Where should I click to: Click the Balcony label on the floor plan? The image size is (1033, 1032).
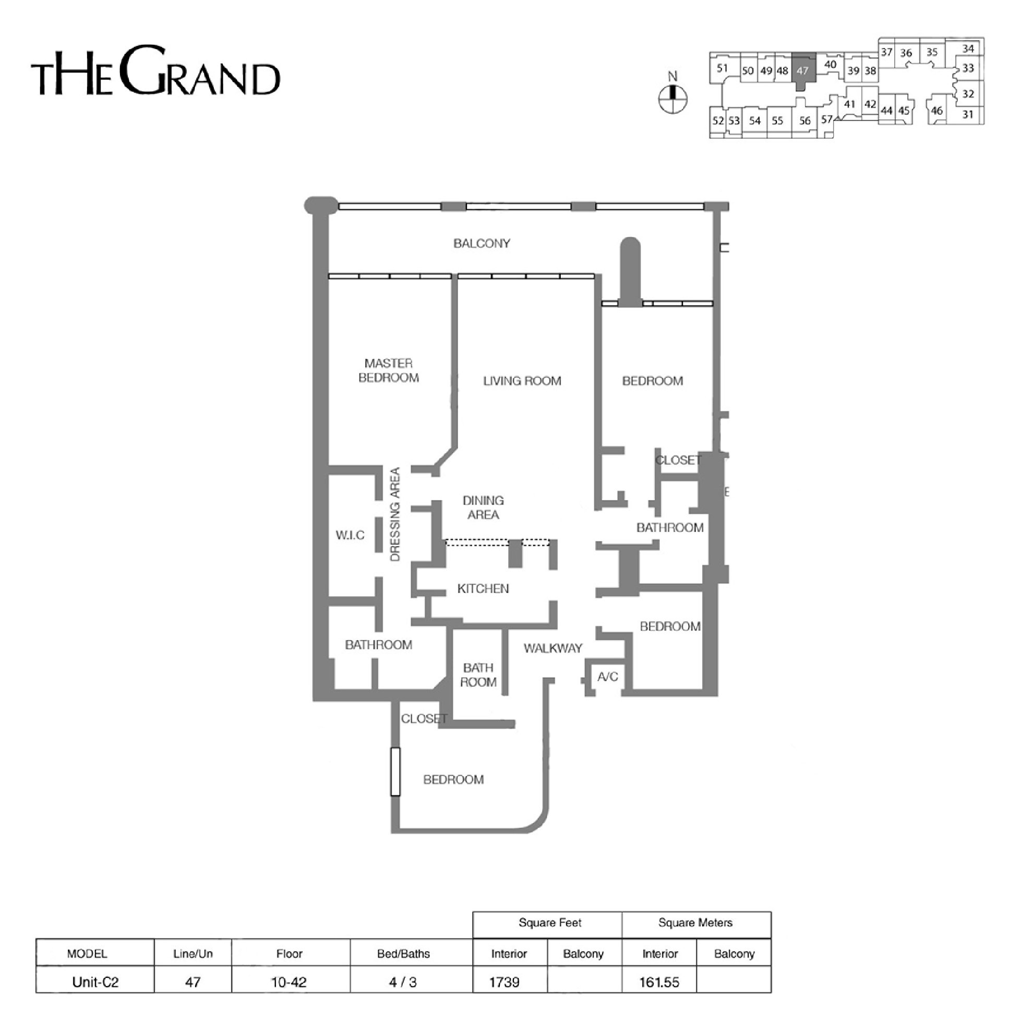click(482, 243)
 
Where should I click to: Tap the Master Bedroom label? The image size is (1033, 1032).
click(389, 370)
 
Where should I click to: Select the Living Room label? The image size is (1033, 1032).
click(522, 381)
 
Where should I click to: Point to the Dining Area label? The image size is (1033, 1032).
click(483, 508)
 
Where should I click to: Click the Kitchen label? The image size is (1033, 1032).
click(483, 589)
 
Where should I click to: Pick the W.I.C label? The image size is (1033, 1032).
click(350, 535)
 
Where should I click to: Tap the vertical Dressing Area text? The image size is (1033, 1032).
click(395, 514)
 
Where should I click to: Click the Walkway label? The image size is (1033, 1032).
click(553, 649)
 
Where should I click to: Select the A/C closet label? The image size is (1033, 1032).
click(607, 677)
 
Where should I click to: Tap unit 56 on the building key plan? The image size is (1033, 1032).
click(804, 121)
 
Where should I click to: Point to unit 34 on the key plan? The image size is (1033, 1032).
click(968, 49)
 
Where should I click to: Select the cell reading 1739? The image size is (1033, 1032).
click(505, 982)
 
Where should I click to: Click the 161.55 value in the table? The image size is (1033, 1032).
click(659, 982)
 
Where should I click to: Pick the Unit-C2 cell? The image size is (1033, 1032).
click(95, 982)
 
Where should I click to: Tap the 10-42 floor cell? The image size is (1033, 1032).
click(289, 982)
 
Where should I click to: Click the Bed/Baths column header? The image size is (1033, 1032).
click(404, 954)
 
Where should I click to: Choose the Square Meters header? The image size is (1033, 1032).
click(695, 923)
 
